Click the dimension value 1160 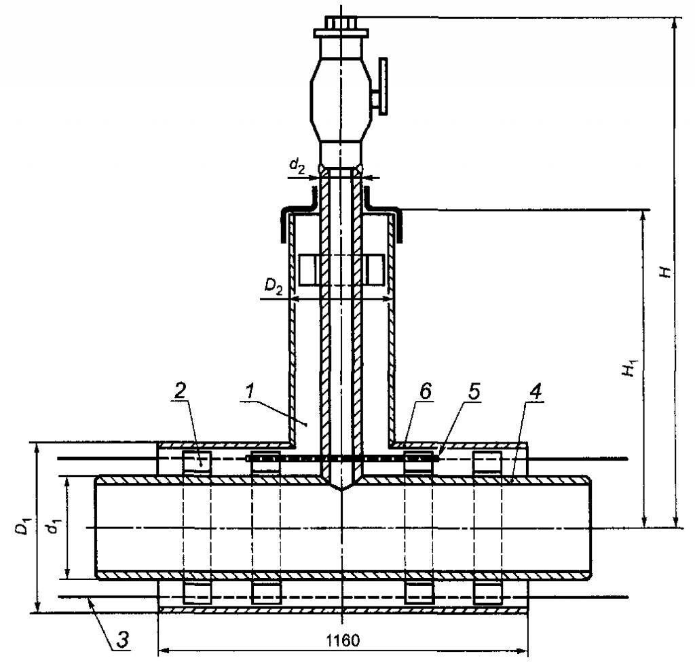click(343, 640)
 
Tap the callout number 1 click(250, 391)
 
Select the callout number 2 click(180, 391)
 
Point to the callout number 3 click(123, 640)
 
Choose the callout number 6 click(425, 391)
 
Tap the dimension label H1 click(631, 369)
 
